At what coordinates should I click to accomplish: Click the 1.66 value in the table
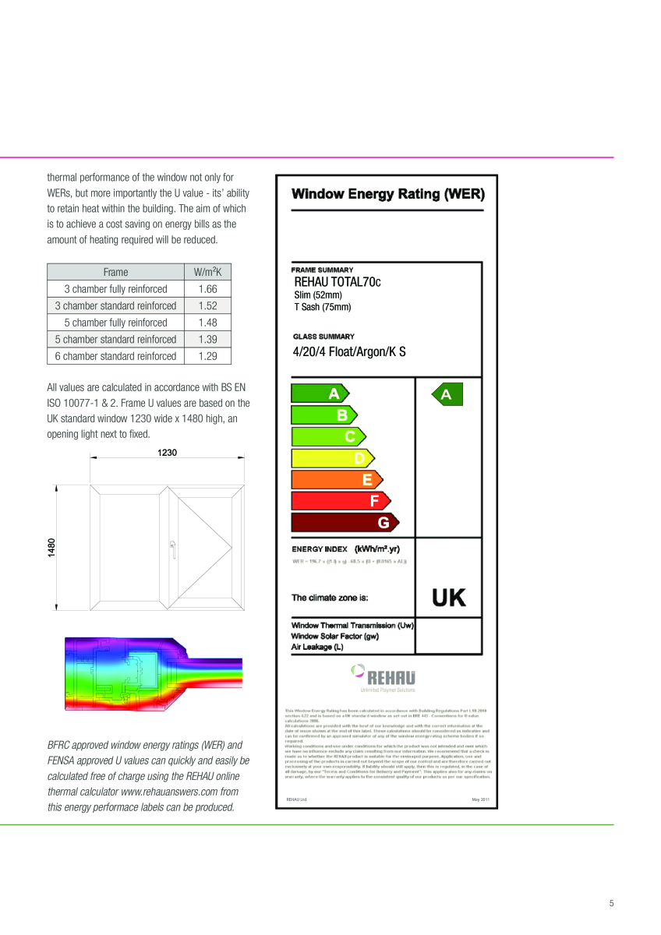207,288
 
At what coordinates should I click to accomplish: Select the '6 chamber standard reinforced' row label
115,356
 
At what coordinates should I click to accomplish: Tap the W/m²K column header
207,272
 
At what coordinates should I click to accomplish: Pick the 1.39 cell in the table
207,339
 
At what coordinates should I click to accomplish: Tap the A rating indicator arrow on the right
446,395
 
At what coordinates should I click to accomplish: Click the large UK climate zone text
448,598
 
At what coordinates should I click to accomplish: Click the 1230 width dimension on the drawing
167,453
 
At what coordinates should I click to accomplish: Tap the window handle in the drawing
172,548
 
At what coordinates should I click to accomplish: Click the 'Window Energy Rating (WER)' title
387,194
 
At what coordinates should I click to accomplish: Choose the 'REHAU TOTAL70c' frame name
338,282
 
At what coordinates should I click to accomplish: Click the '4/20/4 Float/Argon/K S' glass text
349,351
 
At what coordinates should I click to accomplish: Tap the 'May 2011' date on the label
480,799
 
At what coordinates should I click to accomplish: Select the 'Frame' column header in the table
115,272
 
